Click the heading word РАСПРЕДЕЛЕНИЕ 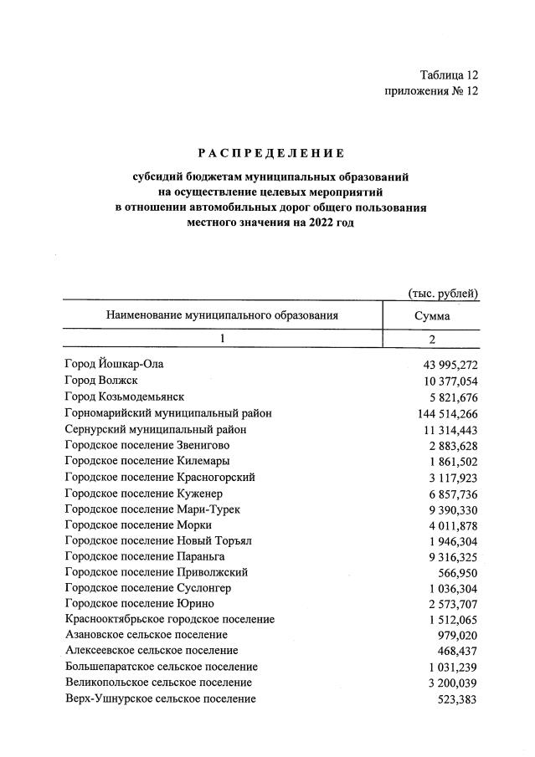270,153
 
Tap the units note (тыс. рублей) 442,293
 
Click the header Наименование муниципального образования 222,315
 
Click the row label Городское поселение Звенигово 147,445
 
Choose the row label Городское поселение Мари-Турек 148,509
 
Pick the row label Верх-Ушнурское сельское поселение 160,698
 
